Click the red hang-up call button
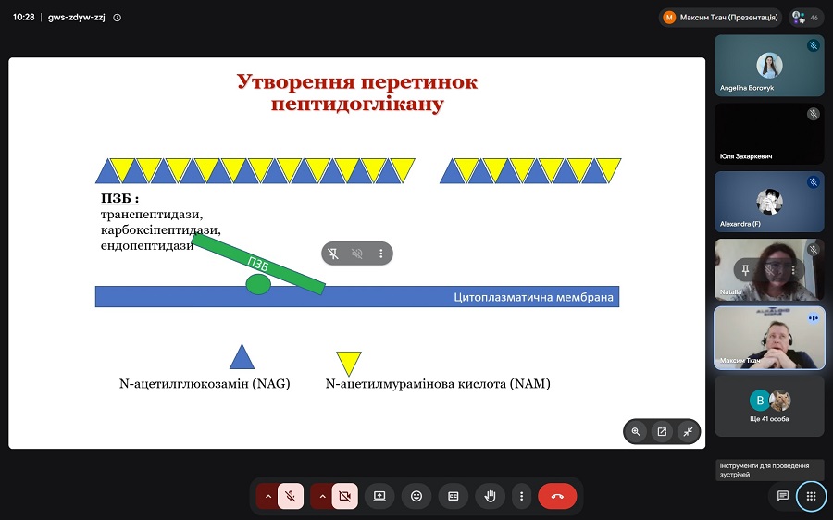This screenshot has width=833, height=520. click(557, 496)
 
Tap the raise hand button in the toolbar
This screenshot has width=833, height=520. click(490, 496)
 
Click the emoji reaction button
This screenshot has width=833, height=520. click(416, 496)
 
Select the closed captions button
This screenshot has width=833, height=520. click(454, 496)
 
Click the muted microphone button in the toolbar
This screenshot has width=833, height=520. click(291, 496)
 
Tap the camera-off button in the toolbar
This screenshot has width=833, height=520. click(345, 496)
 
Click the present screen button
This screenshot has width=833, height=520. click(379, 496)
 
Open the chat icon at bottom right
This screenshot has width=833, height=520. click(782, 496)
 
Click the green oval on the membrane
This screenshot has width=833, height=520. click(258, 284)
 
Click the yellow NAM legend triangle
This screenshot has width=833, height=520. click(349, 363)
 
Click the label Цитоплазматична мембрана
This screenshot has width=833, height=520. click(533, 297)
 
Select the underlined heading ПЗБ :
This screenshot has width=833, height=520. click(120, 199)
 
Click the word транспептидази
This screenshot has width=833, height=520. click(152, 214)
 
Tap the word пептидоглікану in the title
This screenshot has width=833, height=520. click(357, 104)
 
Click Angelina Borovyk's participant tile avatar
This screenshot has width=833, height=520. click(769, 66)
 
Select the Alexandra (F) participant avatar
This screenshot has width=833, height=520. click(769, 202)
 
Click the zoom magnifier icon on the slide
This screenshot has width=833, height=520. click(636, 432)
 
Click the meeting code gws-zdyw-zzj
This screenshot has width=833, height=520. click(77, 17)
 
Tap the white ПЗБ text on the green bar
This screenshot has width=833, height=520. click(257, 264)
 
